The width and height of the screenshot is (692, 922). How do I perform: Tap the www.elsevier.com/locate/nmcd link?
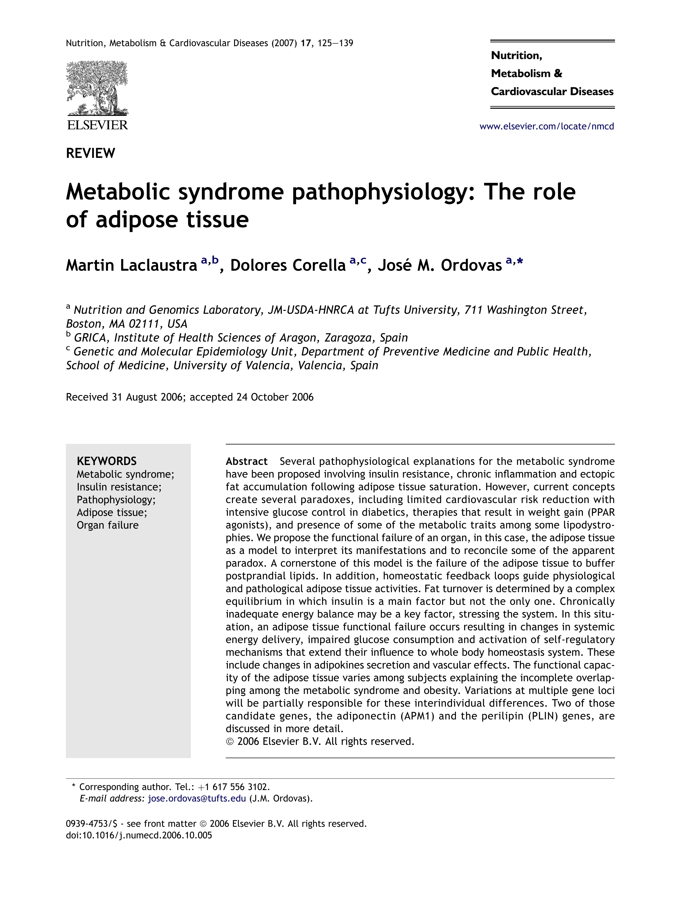tap(546, 126)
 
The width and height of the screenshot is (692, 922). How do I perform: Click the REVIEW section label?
tap(90, 153)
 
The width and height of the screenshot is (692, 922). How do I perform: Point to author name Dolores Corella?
tap(288, 265)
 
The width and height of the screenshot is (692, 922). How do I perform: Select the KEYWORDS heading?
tap(106, 461)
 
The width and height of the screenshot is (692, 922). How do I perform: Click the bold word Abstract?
tap(246, 461)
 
